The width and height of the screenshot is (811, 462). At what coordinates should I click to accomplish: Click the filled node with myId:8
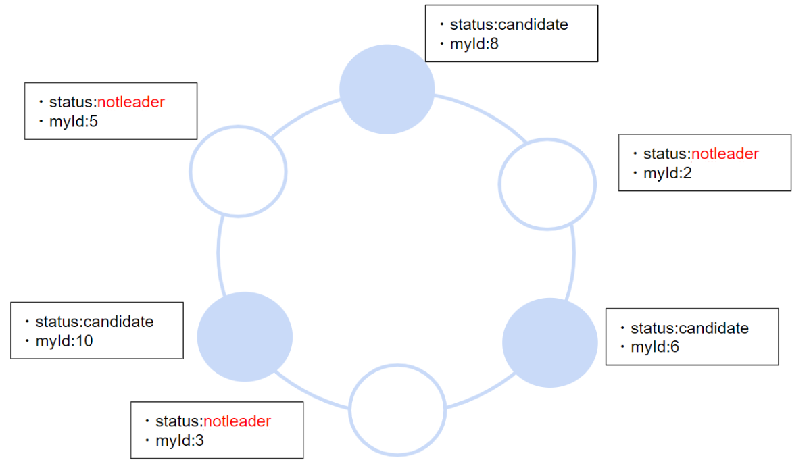tap(387, 89)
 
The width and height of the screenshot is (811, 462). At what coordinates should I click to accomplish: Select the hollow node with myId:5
tap(238, 170)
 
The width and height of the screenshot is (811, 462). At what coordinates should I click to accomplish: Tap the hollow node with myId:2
tap(547, 183)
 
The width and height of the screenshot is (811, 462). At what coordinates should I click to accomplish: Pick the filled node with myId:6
tap(550, 343)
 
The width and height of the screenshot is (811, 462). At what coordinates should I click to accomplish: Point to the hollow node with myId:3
tap(397, 410)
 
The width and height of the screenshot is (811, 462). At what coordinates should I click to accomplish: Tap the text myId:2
tap(668, 173)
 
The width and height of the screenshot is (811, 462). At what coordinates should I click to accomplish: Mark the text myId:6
tap(655, 347)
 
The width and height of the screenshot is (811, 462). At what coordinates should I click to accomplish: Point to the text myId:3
tap(179, 440)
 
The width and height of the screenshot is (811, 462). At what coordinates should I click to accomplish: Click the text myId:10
tap(64, 341)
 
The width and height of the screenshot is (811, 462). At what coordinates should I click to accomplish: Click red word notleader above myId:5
tap(131, 102)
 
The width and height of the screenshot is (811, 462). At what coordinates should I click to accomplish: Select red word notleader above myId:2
tap(724, 153)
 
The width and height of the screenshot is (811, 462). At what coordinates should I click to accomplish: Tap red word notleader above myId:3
tap(237, 421)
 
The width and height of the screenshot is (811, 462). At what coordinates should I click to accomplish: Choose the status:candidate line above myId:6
tap(689, 328)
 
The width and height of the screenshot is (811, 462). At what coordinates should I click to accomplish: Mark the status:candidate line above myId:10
tap(94, 322)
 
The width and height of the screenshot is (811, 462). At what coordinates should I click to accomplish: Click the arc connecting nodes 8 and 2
tap(481, 114)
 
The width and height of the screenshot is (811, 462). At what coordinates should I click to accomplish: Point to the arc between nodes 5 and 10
tap(219, 253)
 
